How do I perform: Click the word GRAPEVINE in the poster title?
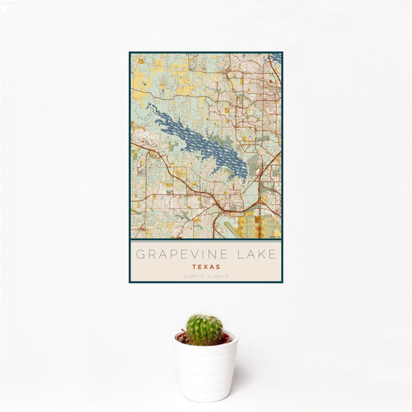click(181, 254)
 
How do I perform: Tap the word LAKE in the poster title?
click(255, 254)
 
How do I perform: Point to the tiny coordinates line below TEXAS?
click(206, 275)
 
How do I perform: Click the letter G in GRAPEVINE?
click(140, 254)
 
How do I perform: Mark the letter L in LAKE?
click(238, 254)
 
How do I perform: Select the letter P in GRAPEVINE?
click(170, 254)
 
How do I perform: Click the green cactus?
click(205, 330)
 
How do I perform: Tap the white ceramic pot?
click(205, 371)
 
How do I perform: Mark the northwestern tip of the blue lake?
click(149, 106)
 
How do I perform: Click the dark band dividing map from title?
click(206, 240)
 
